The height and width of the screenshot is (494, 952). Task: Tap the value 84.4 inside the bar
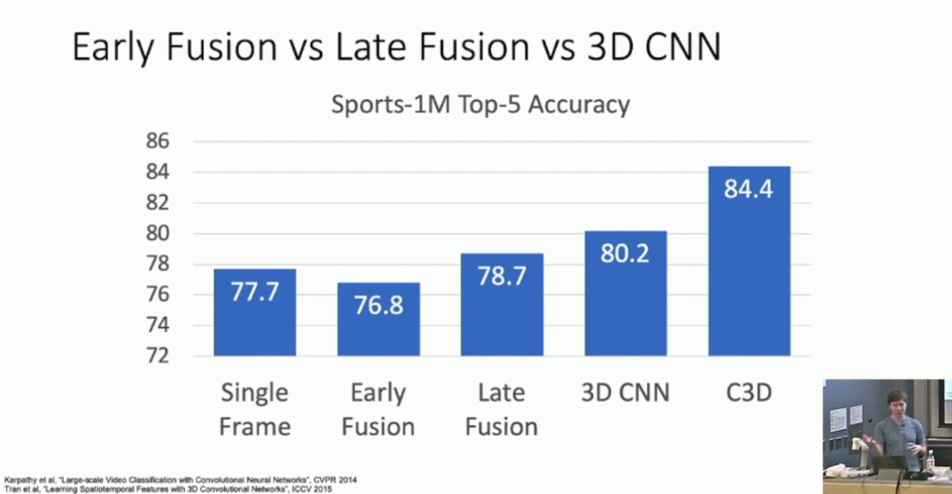click(749, 188)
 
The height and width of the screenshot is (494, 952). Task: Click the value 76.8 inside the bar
click(378, 306)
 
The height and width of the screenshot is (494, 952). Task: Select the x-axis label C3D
click(749, 393)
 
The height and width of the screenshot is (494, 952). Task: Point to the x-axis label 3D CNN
click(625, 393)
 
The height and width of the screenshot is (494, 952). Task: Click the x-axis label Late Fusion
click(502, 410)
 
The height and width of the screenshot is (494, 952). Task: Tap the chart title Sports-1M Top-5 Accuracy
click(481, 104)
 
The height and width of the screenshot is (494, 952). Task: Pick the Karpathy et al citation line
click(181, 480)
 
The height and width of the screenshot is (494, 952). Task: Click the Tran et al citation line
click(168, 488)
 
